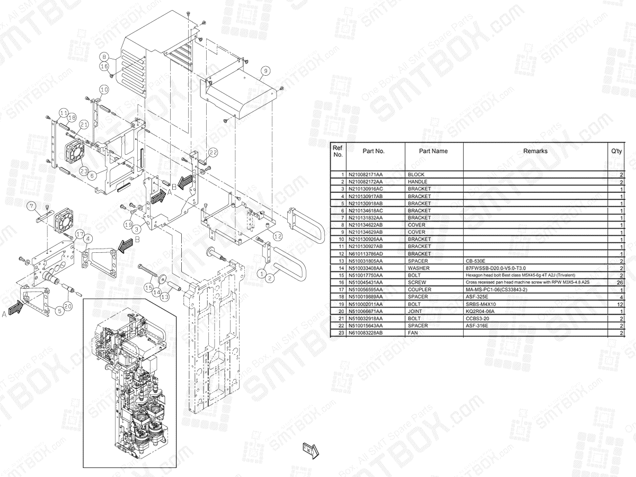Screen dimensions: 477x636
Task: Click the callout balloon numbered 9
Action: [x=265, y=69]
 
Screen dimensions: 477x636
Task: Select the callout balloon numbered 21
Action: [x=83, y=124]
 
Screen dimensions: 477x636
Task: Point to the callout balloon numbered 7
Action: [x=32, y=206]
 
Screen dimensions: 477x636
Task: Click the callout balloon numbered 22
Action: [x=213, y=153]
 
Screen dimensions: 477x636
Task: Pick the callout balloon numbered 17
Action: [x=79, y=233]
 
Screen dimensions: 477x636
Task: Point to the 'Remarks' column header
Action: [x=535, y=151]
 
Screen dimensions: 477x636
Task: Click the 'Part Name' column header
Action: [x=434, y=151]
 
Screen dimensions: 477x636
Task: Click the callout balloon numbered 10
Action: [x=104, y=90]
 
